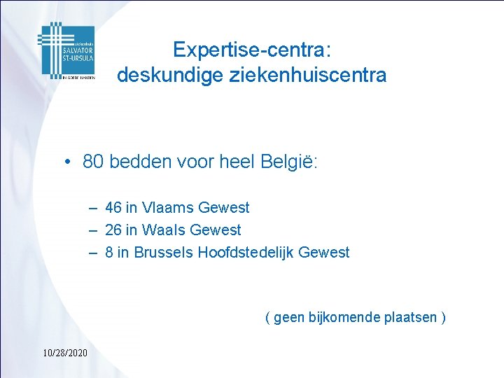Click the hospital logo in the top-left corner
[x=66, y=50]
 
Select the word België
[x=289, y=162]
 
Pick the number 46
[x=113, y=207]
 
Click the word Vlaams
[x=169, y=207]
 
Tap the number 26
[x=113, y=230]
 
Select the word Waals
[x=164, y=230]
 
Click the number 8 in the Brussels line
[x=109, y=252]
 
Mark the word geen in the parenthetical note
[x=289, y=318]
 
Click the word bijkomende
[x=346, y=317]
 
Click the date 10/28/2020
[x=64, y=352]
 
